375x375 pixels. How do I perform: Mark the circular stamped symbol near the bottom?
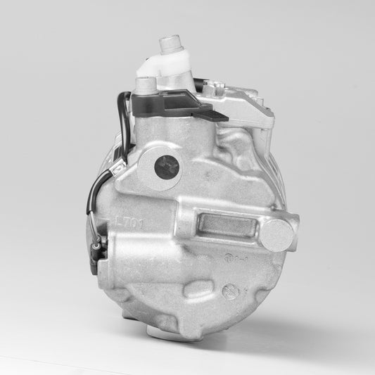click(x=229, y=291)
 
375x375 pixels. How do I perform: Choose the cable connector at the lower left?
click(x=99, y=246)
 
